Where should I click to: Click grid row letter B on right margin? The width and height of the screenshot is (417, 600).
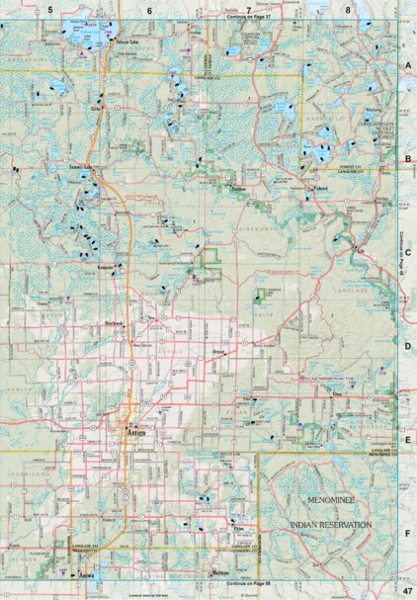point(406,157)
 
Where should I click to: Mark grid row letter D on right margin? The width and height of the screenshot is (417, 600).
point(406,347)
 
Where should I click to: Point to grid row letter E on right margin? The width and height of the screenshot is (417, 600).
point(406,442)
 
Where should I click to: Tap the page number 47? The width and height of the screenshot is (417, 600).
point(404,589)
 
